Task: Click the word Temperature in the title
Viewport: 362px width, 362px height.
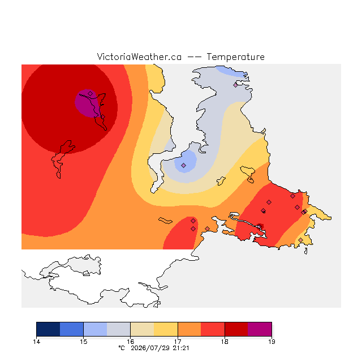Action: click(x=235, y=57)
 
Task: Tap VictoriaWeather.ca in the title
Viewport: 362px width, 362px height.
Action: click(x=139, y=57)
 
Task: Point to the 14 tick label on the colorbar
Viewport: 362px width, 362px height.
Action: click(x=36, y=342)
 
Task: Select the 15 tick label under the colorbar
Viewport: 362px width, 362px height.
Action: click(x=84, y=342)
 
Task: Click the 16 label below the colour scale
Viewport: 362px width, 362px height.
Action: click(x=131, y=342)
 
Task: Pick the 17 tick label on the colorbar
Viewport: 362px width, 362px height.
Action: click(x=178, y=342)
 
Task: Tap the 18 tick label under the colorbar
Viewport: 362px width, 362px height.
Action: click(x=225, y=342)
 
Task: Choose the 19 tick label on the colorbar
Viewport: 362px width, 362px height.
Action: click(x=271, y=342)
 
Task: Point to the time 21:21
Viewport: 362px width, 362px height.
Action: click(x=181, y=348)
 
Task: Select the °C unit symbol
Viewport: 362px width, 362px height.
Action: click(x=122, y=348)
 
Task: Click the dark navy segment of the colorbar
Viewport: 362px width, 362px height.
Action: click(x=48, y=329)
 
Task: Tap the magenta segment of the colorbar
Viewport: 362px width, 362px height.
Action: click(x=260, y=329)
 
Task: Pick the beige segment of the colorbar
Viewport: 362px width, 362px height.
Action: click(x=142, y=329)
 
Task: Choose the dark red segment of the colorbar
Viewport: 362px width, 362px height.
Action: click(x=236, y=329)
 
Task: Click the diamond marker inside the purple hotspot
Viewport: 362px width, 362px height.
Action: click(x=90, y=93)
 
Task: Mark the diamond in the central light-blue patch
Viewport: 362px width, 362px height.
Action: click(x=183, y=165)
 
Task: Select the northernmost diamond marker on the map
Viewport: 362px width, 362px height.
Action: click(x=235, y=85)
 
